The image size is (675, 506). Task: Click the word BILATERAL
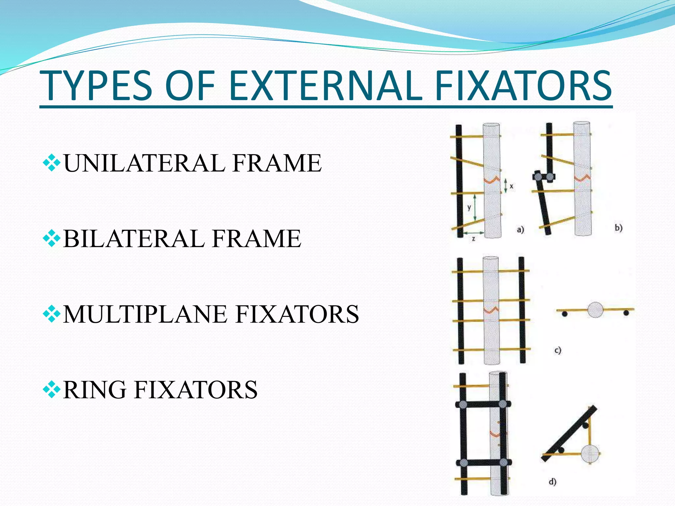click(133, 239)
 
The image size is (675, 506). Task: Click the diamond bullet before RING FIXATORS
click(51, 389)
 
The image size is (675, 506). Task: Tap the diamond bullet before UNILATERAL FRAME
click(51, 163)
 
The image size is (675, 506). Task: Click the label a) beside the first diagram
click(520, 229)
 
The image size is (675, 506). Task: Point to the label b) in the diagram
click(618, 228)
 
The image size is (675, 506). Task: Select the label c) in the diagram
click(557, 350)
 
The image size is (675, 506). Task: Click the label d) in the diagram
click(552, 482)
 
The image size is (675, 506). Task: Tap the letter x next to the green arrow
click(511, 186)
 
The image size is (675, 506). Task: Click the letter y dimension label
click(469, 208)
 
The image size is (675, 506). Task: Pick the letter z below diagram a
click(474, 239)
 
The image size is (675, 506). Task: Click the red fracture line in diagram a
click(491, 180)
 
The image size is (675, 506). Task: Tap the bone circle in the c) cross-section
click(595, 310)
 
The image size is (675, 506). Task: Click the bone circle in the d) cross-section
click(589, 454)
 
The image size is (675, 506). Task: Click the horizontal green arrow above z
click(474, 233)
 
